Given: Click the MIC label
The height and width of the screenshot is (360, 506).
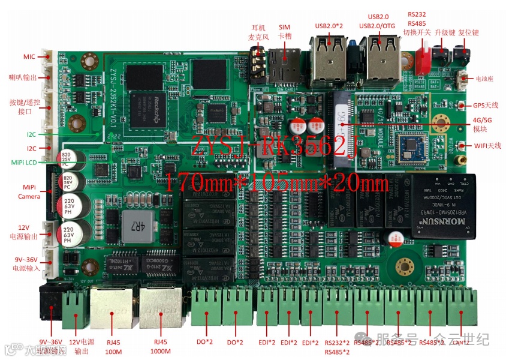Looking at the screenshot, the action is [29, 56].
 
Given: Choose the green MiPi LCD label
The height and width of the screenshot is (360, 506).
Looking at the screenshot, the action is [23, 162].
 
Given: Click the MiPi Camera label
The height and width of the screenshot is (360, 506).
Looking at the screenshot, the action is [29, 191].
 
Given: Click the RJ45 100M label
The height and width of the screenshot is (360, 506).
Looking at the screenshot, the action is [113, 346].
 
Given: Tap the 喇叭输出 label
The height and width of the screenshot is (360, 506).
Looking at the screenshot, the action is [23, 77].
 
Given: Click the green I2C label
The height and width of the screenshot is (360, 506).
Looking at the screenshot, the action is [31, 134].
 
